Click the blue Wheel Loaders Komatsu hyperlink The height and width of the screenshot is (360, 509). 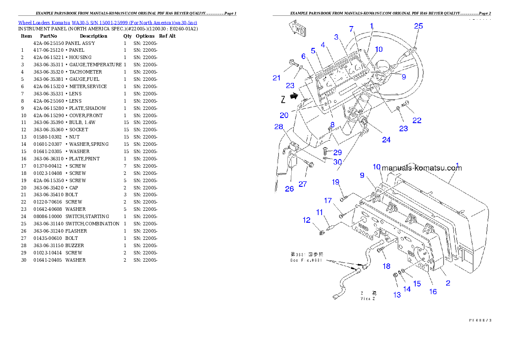[x=107, y=23]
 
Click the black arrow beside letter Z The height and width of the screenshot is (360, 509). [x=293, y=97]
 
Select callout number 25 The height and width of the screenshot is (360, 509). [x=418, y=26]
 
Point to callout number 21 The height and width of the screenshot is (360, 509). [x=277, y=78]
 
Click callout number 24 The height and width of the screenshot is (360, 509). [x=386, y=140]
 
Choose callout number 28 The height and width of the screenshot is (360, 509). [x=279, y=127]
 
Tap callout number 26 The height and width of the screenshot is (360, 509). [x=290, y=189]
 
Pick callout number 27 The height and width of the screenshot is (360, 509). [x=303, y=184]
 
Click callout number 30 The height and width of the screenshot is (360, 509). [x=338, y=162]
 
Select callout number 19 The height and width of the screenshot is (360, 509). [x=336, y=182]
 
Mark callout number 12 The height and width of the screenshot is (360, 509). [x=307, y=220]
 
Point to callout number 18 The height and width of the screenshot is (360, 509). [x=387, y=266]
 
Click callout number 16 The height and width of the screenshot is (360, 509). [x=433, y=291]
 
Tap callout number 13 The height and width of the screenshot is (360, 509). [x=397, y=295]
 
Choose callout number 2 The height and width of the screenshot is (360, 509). [x=448, y=283]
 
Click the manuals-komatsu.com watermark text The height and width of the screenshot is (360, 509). [x=422, y=168]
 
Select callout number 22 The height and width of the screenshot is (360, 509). [x=417, y=121]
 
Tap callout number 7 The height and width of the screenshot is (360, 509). [x=352, y=29]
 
